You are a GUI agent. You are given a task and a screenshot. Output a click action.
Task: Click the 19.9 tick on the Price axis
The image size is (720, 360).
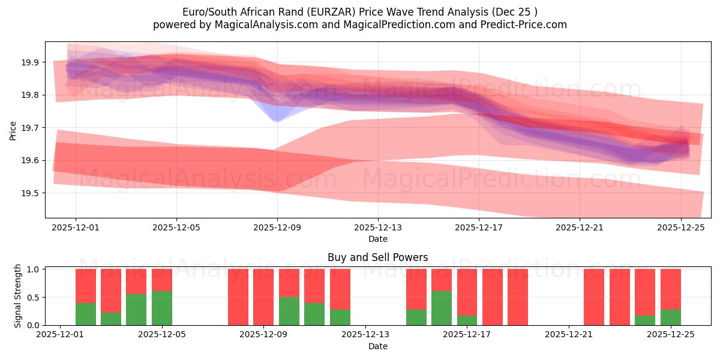31,62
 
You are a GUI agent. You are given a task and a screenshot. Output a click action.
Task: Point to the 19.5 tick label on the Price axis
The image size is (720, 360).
31,193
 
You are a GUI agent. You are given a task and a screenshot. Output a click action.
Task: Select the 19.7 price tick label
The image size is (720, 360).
31,128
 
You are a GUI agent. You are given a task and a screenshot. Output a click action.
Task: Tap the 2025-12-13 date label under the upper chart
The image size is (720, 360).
377,228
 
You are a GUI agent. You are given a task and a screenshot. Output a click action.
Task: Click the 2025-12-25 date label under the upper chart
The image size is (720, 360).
680,228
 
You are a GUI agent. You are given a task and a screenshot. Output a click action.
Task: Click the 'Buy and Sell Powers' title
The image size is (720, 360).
377,257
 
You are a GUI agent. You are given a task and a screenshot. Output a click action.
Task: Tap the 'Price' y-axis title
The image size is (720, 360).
13,130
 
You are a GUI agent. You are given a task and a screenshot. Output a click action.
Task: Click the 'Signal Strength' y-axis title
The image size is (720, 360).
18,296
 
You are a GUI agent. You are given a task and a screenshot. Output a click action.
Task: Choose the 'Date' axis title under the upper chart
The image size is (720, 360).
377,239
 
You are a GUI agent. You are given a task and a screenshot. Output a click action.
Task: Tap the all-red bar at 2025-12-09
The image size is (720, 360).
263,297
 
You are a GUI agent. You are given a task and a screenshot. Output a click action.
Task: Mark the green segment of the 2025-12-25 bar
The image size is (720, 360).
670,317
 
